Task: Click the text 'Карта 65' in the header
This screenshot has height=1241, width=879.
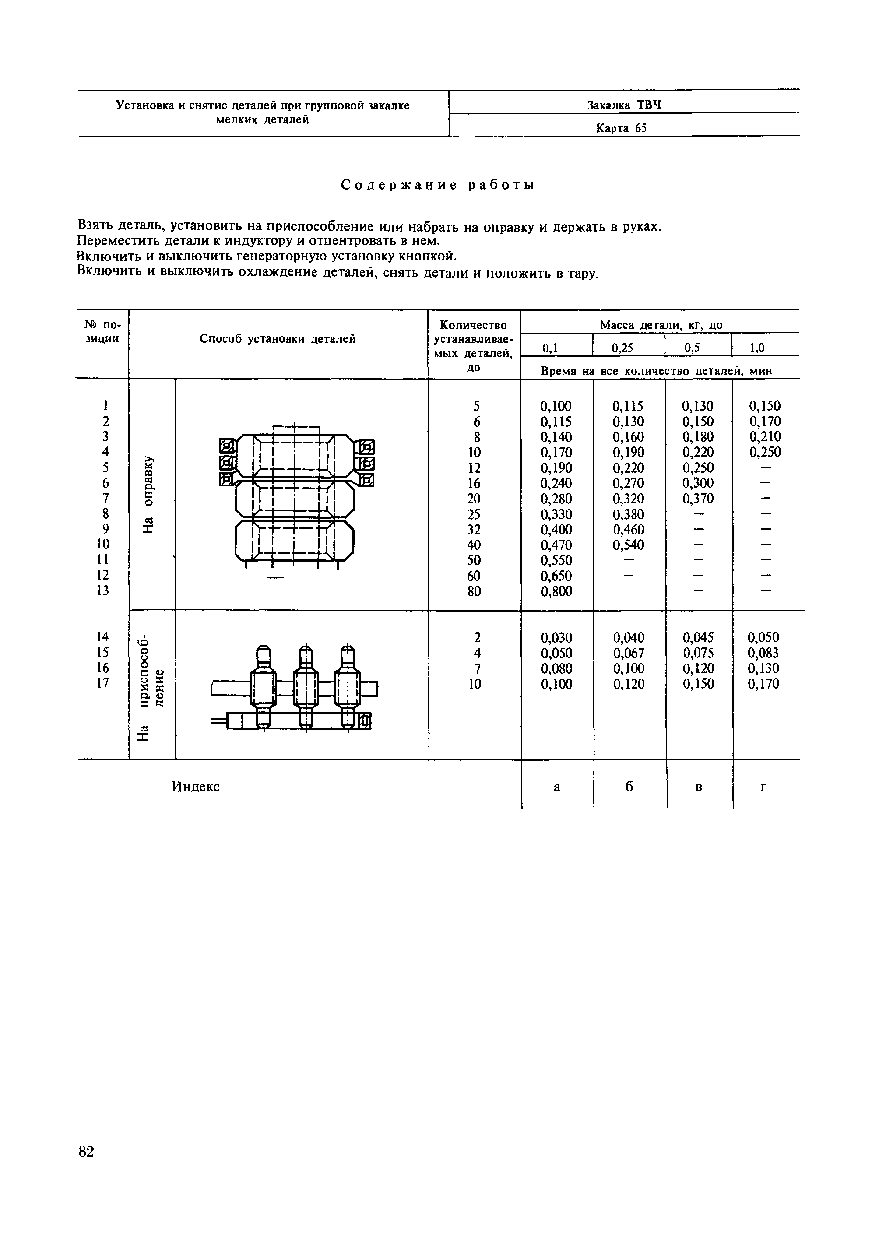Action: [621, 128]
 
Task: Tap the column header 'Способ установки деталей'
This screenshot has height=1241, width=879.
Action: [278, 339]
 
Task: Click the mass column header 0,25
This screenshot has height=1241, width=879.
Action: [622, 348]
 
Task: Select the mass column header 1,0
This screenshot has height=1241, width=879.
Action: [757, 348]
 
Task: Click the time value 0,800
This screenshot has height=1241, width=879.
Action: [556, 591]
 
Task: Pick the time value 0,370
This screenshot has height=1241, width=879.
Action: [698, 499]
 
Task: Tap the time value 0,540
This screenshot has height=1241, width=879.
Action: [629, 545]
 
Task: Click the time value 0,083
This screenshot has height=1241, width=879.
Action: [763, 653]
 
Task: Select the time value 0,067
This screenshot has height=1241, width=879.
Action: [629, 653]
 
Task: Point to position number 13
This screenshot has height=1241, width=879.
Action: [103, 591]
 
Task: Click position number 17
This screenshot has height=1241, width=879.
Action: [103, 684]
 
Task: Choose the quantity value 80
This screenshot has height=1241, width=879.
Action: [474, 591]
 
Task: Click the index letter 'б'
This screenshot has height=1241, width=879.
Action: [629, 787]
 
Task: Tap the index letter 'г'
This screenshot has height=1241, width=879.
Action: [763, 788]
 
